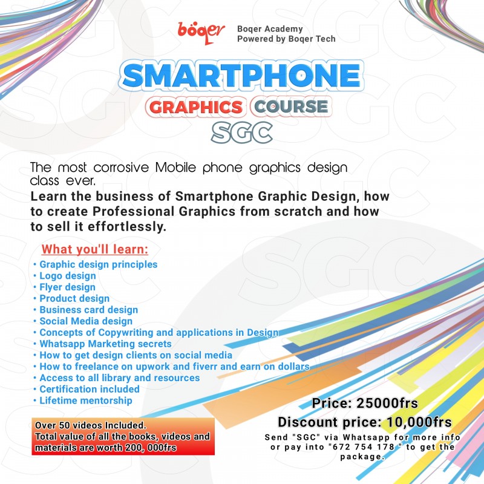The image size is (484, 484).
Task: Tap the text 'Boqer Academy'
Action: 270,29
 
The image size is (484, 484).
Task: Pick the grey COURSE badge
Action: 290,107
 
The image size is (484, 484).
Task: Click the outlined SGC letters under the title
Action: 242,132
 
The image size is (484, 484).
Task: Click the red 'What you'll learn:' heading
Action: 94,249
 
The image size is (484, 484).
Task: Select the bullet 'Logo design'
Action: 67,276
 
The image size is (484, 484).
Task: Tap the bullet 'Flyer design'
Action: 67,287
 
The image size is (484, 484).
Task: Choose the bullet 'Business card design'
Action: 88,310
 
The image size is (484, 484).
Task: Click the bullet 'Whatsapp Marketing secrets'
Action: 105,344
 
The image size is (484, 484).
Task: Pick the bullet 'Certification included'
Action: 89,389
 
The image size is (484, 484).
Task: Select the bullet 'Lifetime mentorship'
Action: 85,401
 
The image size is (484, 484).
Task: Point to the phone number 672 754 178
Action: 380,447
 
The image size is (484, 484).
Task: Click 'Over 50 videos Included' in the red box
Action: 91,425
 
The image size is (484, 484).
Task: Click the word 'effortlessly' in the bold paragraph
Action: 128,226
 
